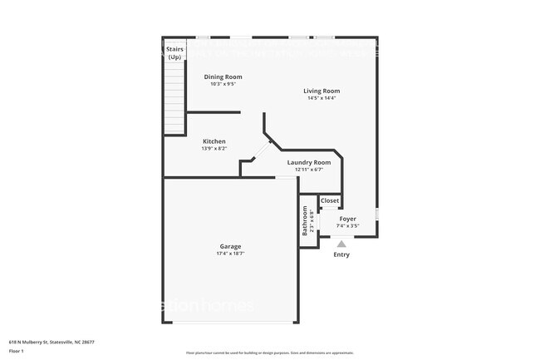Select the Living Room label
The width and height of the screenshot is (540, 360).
pos(321,91)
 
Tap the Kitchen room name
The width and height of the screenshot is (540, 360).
pos(214,141)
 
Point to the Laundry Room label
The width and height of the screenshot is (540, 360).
pos(308,162)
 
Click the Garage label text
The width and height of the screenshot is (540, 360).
pos(230,246)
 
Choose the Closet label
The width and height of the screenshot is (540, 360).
pos(330,201)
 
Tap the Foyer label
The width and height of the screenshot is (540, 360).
pos(347,219)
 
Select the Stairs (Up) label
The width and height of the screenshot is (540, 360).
pos(174,53)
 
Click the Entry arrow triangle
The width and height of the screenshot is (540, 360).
pos(341,244)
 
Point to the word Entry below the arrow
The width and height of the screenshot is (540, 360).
pos(341,254)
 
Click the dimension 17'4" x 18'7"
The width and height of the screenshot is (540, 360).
pos(230,254)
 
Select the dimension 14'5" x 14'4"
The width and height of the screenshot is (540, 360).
pos(321,98)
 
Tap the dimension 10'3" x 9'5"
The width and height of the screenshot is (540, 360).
pos(223,84)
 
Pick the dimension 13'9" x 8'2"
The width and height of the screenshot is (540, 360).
pos(214,149)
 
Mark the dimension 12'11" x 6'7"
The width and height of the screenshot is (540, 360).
pos(308,170)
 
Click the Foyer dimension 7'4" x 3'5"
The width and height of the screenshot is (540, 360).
pos(347,225)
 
